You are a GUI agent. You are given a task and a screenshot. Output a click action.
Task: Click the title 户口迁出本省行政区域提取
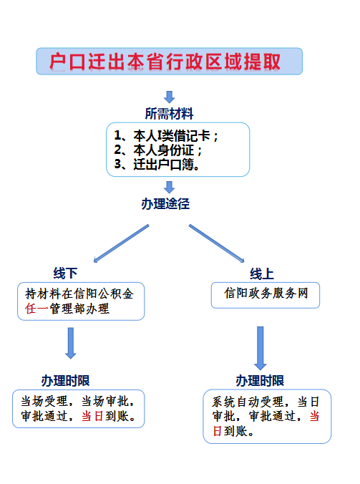tap(169, 62)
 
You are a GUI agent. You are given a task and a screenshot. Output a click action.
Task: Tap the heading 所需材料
tap(170, 114)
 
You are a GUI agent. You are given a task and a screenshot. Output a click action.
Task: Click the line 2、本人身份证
tap(158, 150)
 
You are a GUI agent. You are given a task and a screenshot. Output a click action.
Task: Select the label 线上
tap(262, 274)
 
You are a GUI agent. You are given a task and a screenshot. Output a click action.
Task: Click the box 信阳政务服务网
tap(265, 294)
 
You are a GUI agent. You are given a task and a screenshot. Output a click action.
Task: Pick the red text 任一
tap(34, 309)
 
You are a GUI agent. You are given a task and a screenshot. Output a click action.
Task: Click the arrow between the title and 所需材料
tap(170, 97)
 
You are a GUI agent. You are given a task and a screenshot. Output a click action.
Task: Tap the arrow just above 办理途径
tap(170, 188)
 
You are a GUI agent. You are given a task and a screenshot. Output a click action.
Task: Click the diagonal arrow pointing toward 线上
tap(218, 243)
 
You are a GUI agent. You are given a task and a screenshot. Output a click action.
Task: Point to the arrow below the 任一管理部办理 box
tap(70, 342)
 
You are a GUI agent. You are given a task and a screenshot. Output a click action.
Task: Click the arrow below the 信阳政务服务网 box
tap(261, 347)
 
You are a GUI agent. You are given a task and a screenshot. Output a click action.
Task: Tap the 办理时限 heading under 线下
tap(65, 380)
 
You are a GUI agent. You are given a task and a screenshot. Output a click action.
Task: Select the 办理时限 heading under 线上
tap(260, 380)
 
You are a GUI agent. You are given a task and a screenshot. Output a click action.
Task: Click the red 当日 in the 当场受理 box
tap(91, 415)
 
